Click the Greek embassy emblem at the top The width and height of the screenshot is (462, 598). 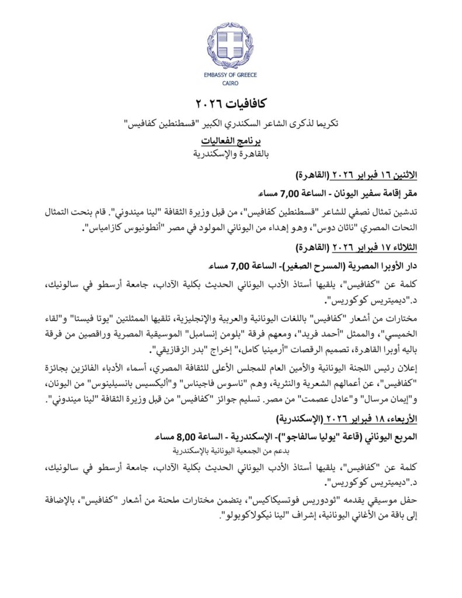231,45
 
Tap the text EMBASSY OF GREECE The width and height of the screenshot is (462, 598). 231,75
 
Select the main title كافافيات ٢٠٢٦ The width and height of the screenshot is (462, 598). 231,104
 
